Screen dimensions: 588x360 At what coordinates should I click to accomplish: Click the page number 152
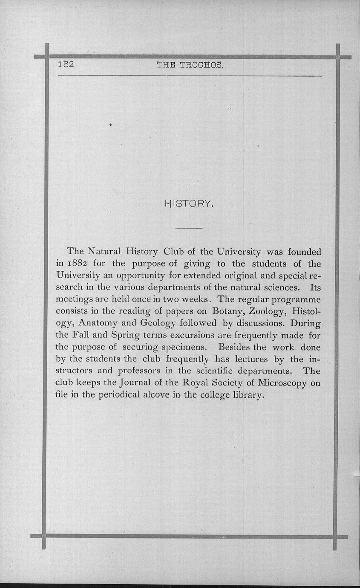(x=66, y=65)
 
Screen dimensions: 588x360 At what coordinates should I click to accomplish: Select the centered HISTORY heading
(x=188, y=204)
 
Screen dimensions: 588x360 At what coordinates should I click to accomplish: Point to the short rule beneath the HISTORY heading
(x=188, y=229)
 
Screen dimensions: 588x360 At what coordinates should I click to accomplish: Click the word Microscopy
(x=280, y=383)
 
